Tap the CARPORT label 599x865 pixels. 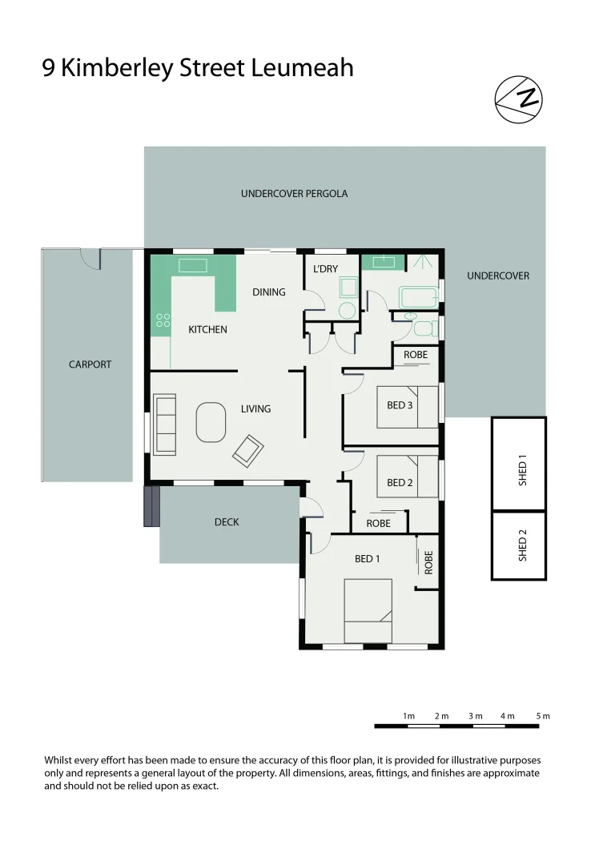pyautogui.click(x=90, y=364)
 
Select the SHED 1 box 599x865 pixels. pyautogui.click(x=519, y=465)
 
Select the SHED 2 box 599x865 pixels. pyautogui.click(x=519, y=546)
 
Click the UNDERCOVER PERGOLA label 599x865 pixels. pyautogui.click(x=294, y=194)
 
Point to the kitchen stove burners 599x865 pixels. pyautogui.click(x=163, y=320)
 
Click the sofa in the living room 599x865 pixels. pyautogui.click(x=165, y=424)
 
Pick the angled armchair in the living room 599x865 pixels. pyautogui.click(x=248, y=451)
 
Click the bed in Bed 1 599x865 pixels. pyautogui.click(x=368, y=611)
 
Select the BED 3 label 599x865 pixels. pyautogui.click(x=400, y=405)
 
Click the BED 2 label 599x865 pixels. pyautogui.click(x=400, y=483)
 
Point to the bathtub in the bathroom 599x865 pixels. pyautogui.click(x=420, y=297)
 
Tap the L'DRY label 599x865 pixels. pyautogui.click(x=325, y=269)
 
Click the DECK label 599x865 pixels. pyautogui.click(x=227, y=522)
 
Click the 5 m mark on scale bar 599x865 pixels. pyautogui.click(x=543, y=716)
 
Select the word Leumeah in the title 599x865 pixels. pyautogui.click(x=302, y=69)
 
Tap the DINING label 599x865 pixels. pyautogui.click(x=269, y=292)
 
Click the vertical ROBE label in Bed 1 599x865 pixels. pyautogui.click(x=428, y=561)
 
